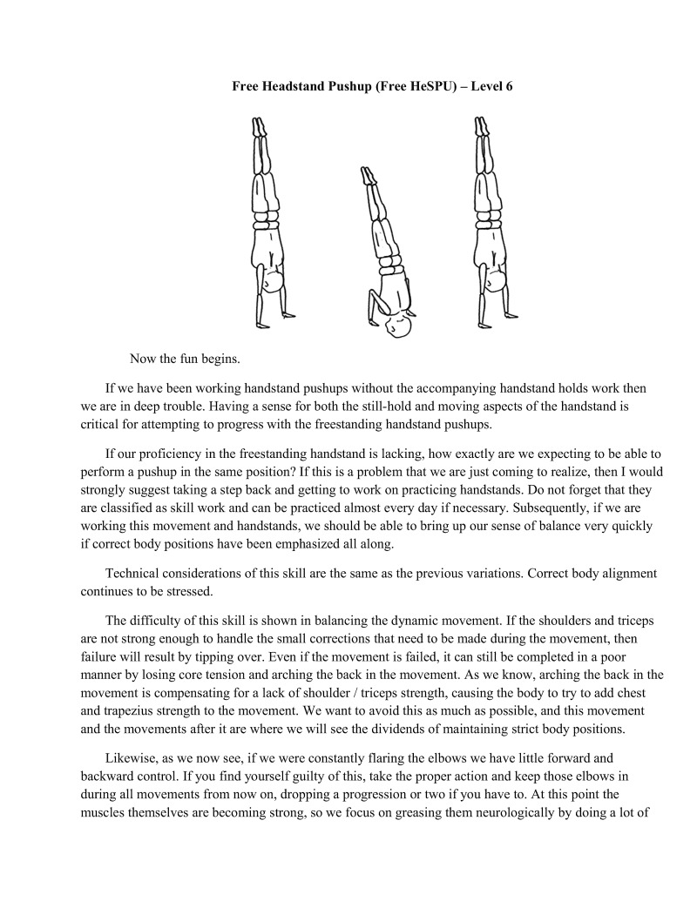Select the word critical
click(x=104, y=425)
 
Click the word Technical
click(x=135, y=574)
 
